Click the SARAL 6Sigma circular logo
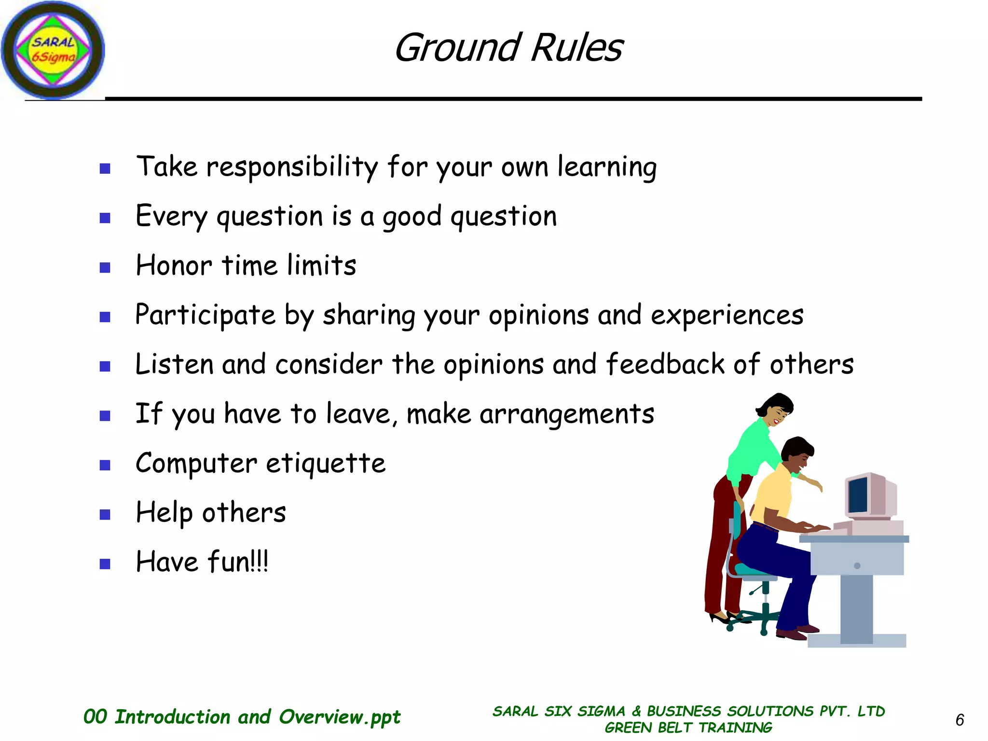53,50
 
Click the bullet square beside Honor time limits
105,267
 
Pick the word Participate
205,316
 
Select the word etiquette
326,464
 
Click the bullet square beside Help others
105,514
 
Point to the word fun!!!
238,562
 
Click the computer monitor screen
858,495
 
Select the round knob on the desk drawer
857,566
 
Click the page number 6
960,720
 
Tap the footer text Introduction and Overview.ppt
257,717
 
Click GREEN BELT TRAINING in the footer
688,727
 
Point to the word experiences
727,316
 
